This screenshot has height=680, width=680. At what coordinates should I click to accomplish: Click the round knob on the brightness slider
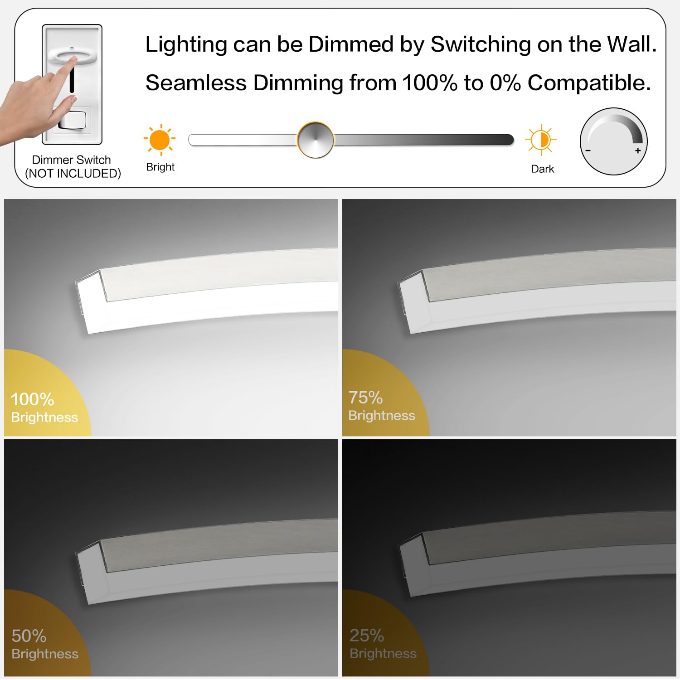click(x=316, y=140)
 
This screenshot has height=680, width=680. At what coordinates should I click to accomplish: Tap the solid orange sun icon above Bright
click(x=160, y=140)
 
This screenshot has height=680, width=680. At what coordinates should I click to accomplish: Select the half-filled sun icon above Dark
click(x=540, y=140)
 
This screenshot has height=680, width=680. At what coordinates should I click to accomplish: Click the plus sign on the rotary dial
click(x=638, y=151)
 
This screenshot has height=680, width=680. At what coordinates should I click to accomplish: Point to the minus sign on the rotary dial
click(x=588, y=151)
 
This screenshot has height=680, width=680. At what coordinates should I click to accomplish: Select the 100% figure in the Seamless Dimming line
click(x=430, y=83)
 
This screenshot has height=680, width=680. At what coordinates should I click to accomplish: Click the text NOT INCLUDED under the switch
click(x=73, y=174)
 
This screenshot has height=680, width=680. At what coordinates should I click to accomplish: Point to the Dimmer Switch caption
click(x=71, y=160)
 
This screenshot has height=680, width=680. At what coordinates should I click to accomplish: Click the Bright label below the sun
click(x=160, y=167)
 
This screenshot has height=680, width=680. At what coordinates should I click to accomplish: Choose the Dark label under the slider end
click(x=542, y=169)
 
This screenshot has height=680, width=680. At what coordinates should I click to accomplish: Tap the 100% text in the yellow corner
click(x=32, y=399)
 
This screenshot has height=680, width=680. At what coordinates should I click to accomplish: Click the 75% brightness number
click(x=365, y=398)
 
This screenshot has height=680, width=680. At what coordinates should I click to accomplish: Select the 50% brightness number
click(x=29, y=636)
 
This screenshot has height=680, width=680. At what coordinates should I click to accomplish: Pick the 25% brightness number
click(x=367, y=636)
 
